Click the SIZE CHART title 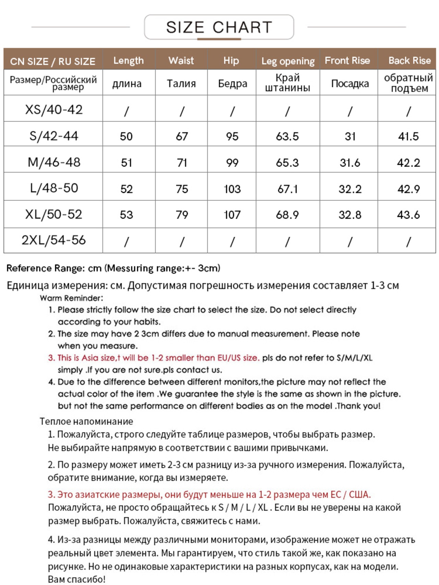(x=219, y=27)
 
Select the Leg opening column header (x=288, y=61)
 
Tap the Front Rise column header (x=347, y=61)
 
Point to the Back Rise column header (x=409, y=61)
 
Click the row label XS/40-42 (x=54, y=110)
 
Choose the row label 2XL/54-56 (x=54, y=240)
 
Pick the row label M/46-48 (x=54, y=162)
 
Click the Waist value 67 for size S (x=182, y=136)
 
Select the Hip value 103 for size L (x=232, y=189)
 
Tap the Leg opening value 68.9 (x=287, y=215)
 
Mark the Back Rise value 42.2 (x=408, y=162)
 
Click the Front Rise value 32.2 (x=350, y=189)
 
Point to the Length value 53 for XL (x=126, y=215)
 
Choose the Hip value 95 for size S (x=232, y=136)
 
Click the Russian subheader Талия (x=181, y=83)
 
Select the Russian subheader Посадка (x=350, y=83)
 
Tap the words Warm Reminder (x=71, y=298)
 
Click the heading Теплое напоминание (x=86, y=421)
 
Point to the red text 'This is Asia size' (x=86, y=358)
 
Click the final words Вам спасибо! (x=76, y=579)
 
